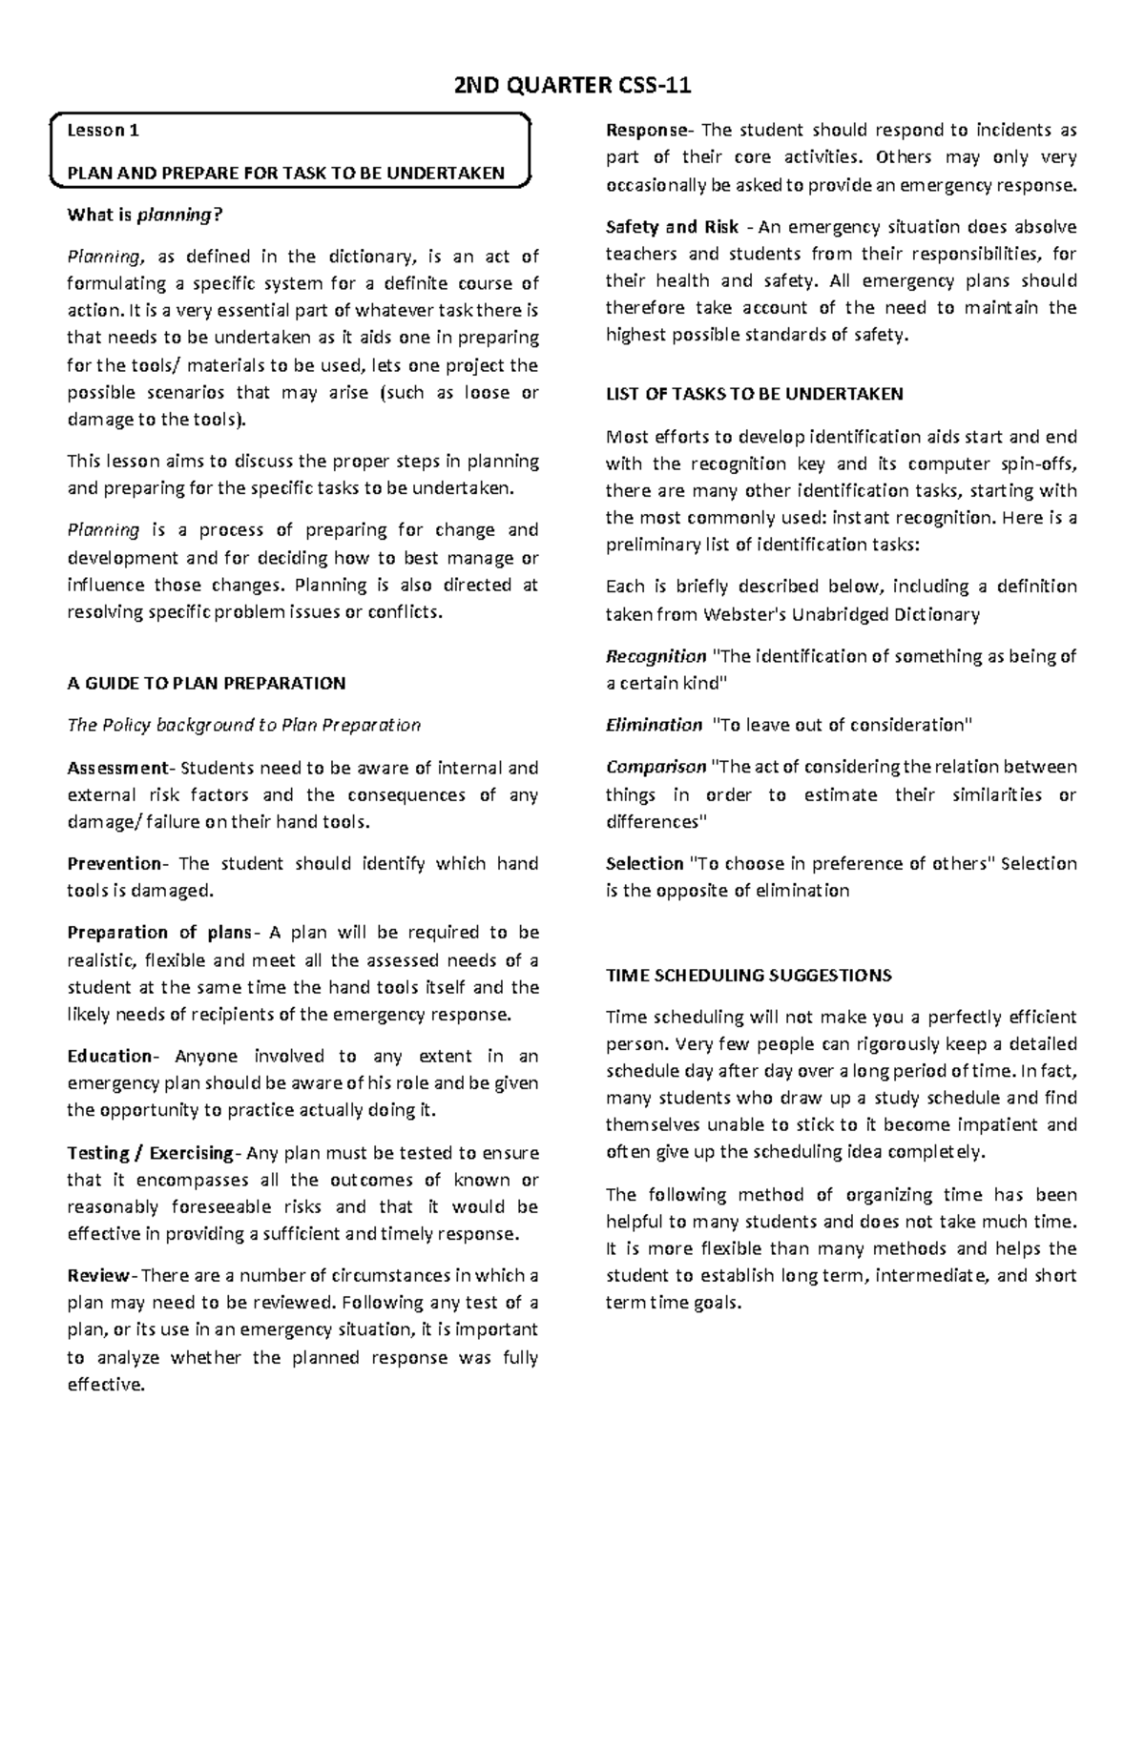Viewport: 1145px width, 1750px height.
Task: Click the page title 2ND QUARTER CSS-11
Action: (x=572, y=87)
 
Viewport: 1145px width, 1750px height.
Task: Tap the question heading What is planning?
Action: (x=143, y=215)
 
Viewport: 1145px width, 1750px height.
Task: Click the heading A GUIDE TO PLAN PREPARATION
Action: (x=206, y=683)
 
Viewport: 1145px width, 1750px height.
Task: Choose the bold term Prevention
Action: (x=114, y=863)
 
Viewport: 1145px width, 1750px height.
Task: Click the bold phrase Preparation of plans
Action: (x=158, y=932)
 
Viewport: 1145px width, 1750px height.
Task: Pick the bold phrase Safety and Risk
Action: (x=672, y=227)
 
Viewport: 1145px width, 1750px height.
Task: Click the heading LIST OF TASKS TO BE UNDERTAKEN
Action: (x=754, y=394)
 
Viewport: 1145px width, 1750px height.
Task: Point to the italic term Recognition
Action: (x=656, y=656)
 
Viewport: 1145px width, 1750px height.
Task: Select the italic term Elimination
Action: (x=654, y=725)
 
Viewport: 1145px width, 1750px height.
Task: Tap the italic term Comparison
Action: (x=656, y=767)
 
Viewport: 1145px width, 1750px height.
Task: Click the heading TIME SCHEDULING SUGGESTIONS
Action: (x=748, y=975)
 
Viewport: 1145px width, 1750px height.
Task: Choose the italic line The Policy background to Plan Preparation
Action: (x=243, y=725)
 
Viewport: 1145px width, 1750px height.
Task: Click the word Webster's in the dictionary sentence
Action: (x=744, y=614)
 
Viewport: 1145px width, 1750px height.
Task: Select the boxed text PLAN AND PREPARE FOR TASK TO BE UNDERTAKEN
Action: (x=285, y=174)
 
